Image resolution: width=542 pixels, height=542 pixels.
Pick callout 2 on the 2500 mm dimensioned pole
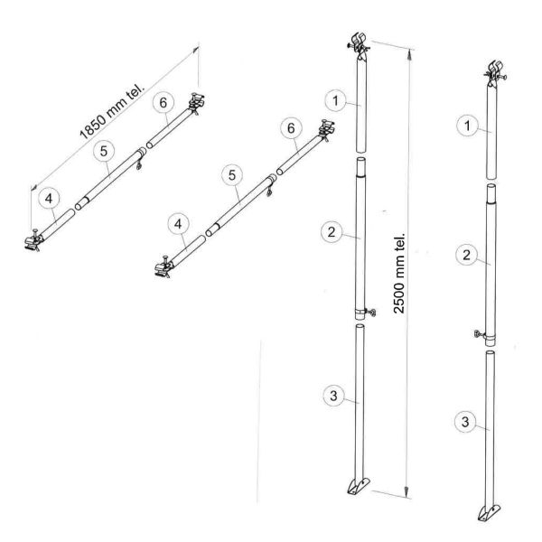click(331, 231)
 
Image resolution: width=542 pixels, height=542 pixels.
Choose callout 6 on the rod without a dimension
click(291, 130)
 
